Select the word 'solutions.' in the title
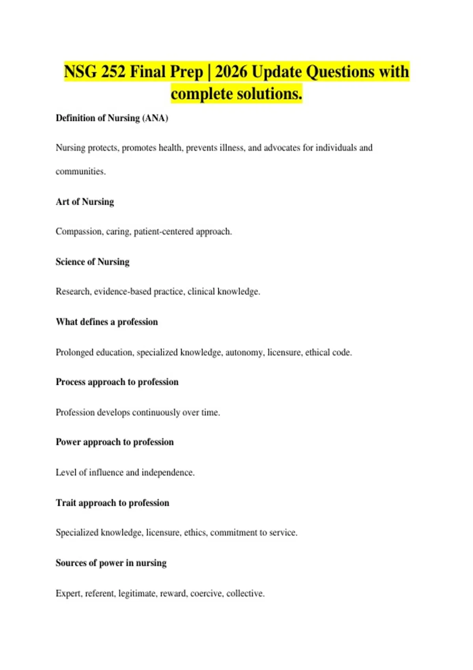(269, 94)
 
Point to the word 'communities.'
(80, 171)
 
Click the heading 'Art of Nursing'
(85, 202)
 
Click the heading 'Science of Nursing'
(93, 262)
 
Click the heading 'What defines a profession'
(107, 322)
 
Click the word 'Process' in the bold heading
(71, 382)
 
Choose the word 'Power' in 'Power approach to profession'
(68, 442)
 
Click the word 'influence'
(106, 473)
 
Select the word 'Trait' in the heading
(66, 503)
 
